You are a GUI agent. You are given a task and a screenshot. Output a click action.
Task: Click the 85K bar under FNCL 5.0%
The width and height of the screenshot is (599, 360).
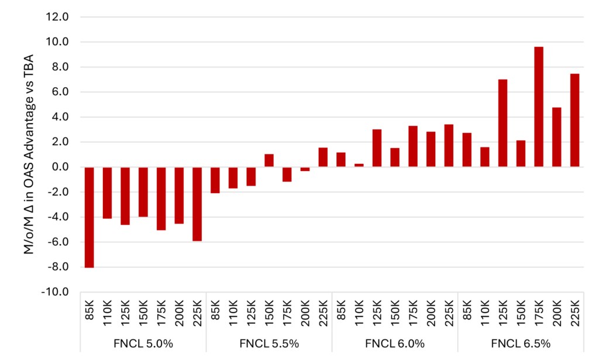pos(89,217)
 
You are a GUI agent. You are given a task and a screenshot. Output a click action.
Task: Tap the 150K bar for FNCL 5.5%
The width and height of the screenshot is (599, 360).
pos(269,160)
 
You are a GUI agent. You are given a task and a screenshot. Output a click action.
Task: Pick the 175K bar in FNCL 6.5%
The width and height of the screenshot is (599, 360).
pos(539,107)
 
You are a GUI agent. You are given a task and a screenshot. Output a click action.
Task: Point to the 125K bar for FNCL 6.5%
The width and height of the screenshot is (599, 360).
pos(502,123)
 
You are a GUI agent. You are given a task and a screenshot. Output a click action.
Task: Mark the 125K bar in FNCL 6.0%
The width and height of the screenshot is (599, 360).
pos(377,148)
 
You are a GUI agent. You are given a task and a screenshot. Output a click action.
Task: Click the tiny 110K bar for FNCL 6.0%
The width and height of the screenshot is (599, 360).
pos(359,165)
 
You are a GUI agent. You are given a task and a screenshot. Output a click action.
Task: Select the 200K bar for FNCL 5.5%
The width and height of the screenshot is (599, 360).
pos(305,169)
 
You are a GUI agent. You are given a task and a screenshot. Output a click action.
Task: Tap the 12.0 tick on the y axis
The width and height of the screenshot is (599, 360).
pos(57,17)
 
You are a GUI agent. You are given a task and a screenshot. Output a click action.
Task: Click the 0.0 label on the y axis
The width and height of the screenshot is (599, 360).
pos(60,167)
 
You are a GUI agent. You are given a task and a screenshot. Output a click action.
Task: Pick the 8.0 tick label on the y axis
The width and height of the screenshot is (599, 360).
pos(60,67)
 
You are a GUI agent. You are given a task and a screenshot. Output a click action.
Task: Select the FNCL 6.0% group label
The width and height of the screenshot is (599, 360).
pos(395,343)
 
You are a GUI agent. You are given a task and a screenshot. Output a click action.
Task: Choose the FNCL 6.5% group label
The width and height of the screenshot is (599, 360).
pos(521,343)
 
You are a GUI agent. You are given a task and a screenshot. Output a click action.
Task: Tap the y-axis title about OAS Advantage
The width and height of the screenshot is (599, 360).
pos(28,154)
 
